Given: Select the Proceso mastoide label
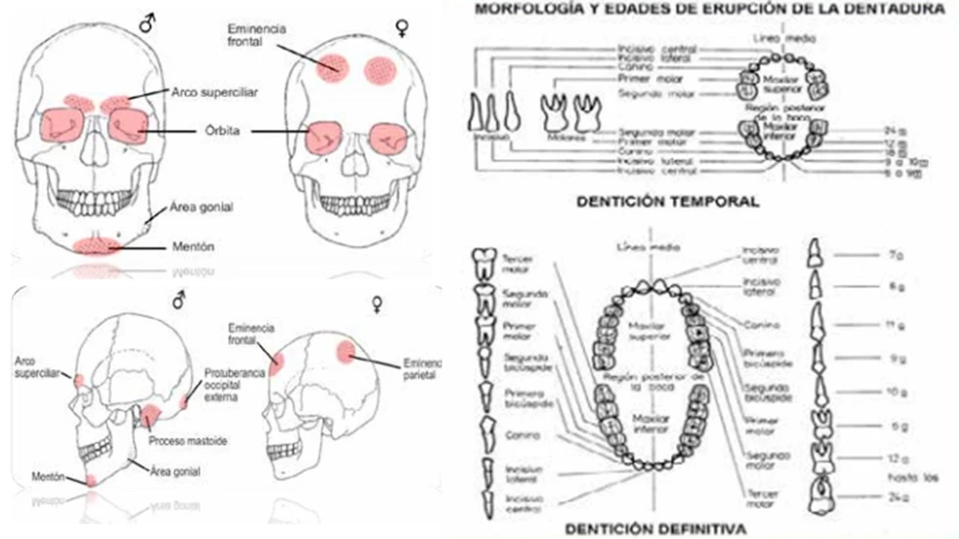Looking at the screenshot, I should pos(188,442).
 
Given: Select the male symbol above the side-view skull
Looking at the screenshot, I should pos(178,301).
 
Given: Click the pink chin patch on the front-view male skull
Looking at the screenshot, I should pos(97,243).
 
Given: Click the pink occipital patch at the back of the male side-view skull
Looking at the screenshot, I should pos(187,400).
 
